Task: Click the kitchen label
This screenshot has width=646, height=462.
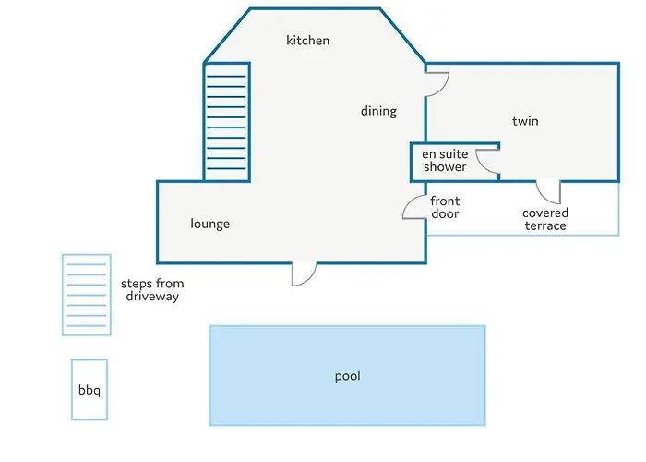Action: (307, 41)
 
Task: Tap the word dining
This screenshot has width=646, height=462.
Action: (378, 111)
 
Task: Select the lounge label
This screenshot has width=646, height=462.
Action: (210, 224)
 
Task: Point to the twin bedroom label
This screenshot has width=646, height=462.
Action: (525, 121)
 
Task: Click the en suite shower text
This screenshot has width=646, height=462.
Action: (445, 161)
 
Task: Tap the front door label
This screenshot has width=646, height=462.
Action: (445, 208)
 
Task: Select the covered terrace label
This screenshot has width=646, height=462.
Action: (545, 219)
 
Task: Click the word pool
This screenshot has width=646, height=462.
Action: (348, 376)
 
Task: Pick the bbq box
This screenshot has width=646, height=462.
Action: (90, 390)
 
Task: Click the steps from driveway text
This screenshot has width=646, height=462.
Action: (152, 290)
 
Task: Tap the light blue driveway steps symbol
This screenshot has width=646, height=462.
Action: (87, 295)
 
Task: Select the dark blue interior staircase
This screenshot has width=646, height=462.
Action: (227, 122)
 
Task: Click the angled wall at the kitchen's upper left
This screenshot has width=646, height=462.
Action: (227, 35)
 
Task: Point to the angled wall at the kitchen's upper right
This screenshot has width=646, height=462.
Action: (402, 35)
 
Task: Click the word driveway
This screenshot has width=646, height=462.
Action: (152, 297)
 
